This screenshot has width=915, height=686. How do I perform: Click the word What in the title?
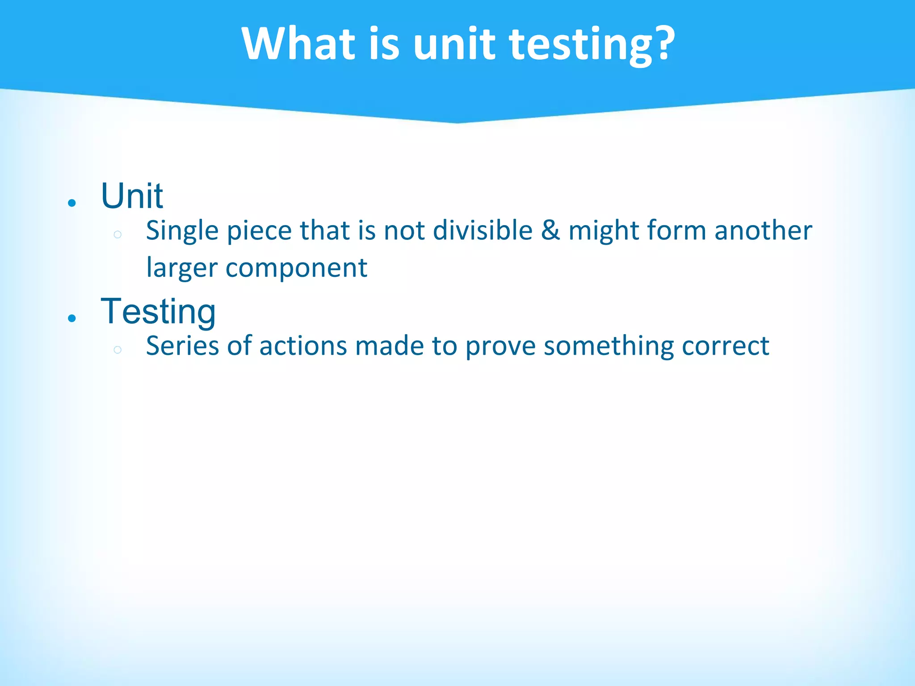[298, 43]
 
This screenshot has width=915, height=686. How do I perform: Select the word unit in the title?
[454, 43]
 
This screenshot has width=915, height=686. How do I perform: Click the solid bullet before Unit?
[72, 203]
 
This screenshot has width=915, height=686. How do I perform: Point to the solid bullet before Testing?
[72, 318]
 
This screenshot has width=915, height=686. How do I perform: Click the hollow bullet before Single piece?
[118, 234]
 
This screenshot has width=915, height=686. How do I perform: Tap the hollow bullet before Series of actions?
[118, 350]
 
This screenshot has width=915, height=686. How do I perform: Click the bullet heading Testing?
[158, 311]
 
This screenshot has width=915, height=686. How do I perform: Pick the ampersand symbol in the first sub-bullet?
[550, 231]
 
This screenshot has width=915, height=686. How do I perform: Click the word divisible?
[483, 231]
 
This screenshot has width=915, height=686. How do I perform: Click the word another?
[763, 231]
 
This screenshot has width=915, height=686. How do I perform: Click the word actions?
[303, 346]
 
